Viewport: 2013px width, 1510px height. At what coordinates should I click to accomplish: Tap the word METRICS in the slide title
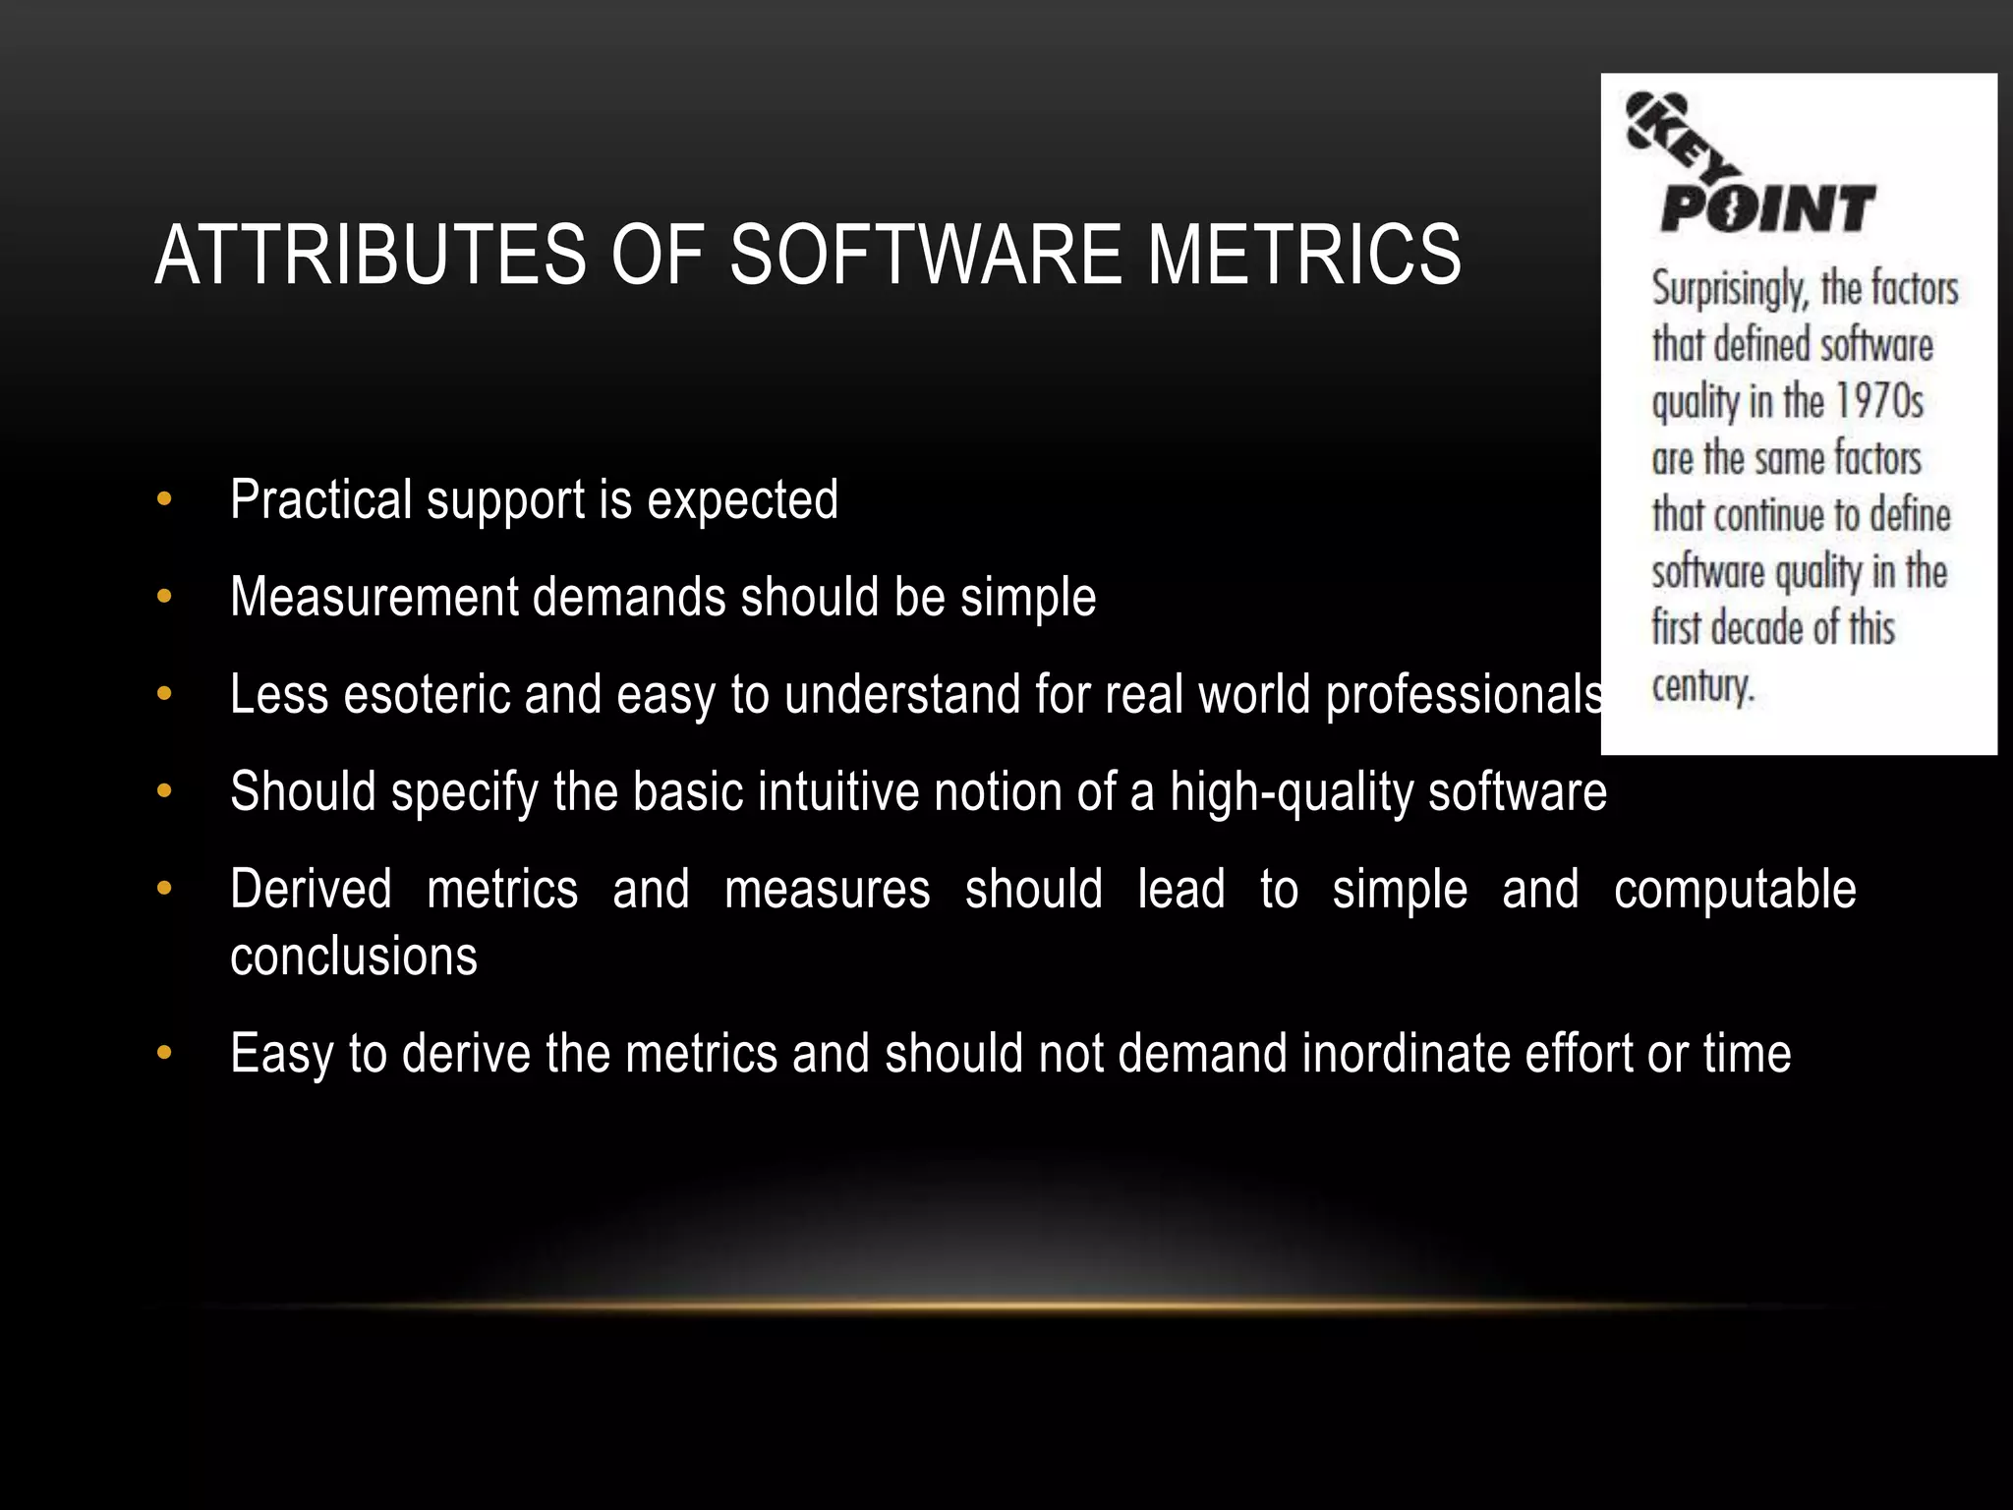click(x=1303, y=255)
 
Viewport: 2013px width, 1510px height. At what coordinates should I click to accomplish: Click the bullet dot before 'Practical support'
click(x=164, y=499)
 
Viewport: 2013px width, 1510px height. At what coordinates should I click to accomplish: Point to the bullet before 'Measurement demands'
click(x=164, y=597)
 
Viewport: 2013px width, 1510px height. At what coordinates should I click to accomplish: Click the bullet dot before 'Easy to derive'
click(x=164, y=1054)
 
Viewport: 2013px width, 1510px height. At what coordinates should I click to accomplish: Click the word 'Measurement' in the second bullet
click(x=374, y=597)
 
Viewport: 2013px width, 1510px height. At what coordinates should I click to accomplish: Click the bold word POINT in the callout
click(x=1767, y=209)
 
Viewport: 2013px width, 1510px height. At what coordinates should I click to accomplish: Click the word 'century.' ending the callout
click(x=1702, y=686)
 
